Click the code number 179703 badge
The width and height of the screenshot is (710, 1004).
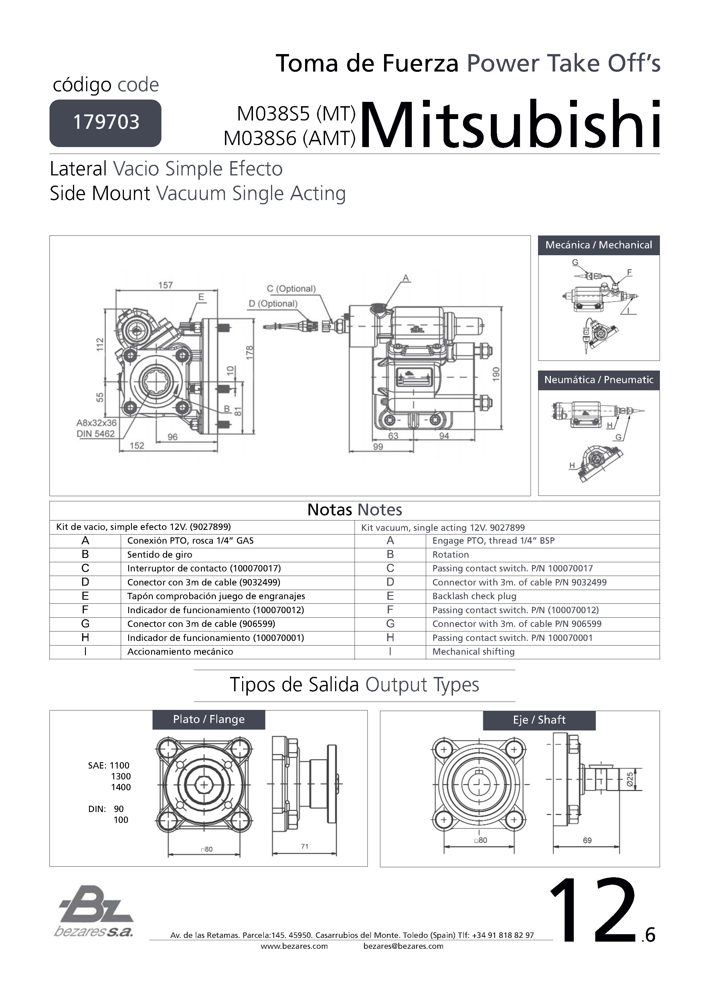pyautogui.click(x=105, y=122)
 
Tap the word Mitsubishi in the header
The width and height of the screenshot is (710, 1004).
pyautogui.click(x=511, y=126)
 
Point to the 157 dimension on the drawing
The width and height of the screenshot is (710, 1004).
pyautogui.click(x=165, y=285)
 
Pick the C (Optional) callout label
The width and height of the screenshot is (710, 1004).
pyautogui.click(x=291, y=289)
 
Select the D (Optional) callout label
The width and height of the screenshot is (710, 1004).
pyautogui.click(x=273, y=304)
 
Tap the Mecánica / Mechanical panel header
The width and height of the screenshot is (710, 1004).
pyautogui.click(x=598, y=245)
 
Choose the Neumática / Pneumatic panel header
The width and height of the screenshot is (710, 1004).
pyautogui.click(x=598, y=380)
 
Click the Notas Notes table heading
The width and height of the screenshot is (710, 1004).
pyautogui.click(x=354, y=510)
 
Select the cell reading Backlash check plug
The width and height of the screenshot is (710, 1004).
pyautogui.click(x=474, y=596)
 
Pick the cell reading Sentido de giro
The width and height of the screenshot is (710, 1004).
pyautogui.click(x=160, y=555)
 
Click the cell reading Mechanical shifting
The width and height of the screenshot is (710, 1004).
pyautogui.click(x=473, y=651)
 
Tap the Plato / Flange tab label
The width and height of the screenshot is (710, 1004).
pyautogui.click(x=209, y=719)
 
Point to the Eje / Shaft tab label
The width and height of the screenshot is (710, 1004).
pyautogui.click(x=539, y=720)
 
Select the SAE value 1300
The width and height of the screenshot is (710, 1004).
pyautogui.click(x=121, y=776)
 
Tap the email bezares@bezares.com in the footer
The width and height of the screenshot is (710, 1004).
pyautogui.click(x=403, y=946)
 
